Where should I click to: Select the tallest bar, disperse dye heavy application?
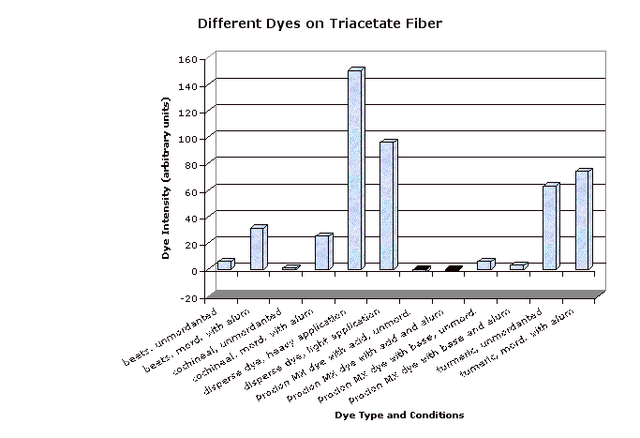355,171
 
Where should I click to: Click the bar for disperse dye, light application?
387,206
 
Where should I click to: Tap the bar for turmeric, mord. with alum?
582,221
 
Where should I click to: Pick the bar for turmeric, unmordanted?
550,228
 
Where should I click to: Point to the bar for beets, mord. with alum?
258,249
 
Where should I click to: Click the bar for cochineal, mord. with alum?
322,252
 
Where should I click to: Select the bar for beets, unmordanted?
225,264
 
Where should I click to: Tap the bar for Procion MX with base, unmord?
484,264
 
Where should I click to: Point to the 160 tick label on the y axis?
186,59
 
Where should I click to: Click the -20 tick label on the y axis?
186,297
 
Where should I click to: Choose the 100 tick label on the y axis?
186,139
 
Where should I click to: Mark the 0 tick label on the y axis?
192,271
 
